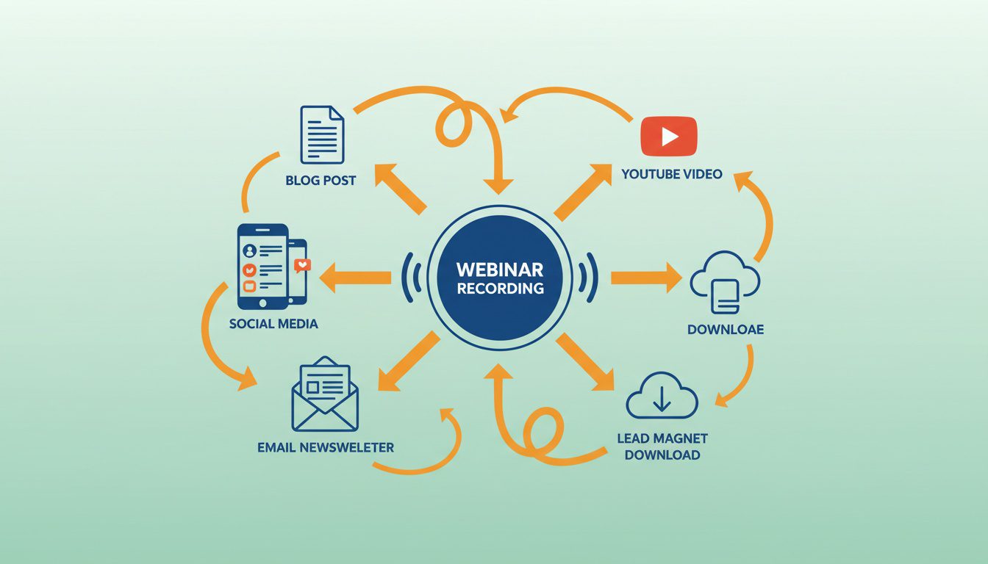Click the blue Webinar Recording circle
pyautogui.click(x=500, y=278)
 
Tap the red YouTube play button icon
pyautogui.click(x=668, y=137)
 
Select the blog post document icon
pyautogui.click(x=322, y=134)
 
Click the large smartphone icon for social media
pyautogui.click(x=262, y=266)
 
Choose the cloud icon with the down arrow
pyautogui.click(x=661, y=397)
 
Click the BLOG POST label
pyautogui.click(x=321, y=180)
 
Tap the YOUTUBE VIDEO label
pyautogui.click(x=671, y=174)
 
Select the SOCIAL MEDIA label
pyautogui.click(x=273, y=323)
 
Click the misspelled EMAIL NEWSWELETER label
pyautogui.click(x=326, y=446)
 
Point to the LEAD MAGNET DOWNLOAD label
pyautogui.click(x=662, y=446)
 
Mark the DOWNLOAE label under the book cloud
pyautogui.click(x=726, y=329)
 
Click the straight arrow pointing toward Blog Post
pyautogui.click(x=400, y=189)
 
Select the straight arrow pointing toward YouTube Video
pyautogui.click(x=583, y=192)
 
